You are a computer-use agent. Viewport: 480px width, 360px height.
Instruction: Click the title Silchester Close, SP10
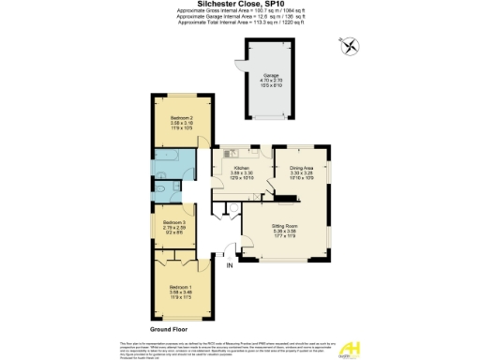(239, 5)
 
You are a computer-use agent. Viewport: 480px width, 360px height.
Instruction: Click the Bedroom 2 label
(169, 120)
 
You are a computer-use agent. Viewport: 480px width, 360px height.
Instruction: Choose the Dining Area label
(301, 170)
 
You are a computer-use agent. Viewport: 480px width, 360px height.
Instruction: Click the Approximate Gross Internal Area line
(239, 12)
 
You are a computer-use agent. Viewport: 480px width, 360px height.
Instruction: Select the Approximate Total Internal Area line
(239, 24)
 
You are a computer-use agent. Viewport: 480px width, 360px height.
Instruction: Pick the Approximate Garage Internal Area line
(239, 19)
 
